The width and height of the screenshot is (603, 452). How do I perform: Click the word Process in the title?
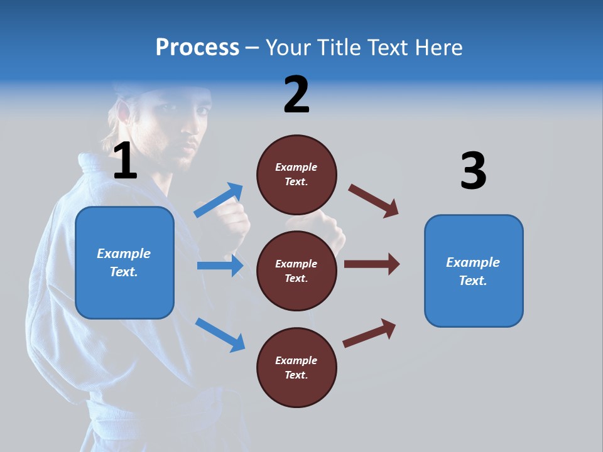point(197,48)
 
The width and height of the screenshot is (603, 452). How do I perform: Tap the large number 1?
point(125,161)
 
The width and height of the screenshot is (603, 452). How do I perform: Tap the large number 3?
point(473,171)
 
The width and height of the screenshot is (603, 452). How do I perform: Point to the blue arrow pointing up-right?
point(219,200)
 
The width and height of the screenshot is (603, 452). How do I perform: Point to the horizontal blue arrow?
point(220,266)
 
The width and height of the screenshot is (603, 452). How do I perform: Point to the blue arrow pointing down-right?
point(220,334)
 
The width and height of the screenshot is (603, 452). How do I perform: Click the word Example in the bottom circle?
point(296,360)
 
